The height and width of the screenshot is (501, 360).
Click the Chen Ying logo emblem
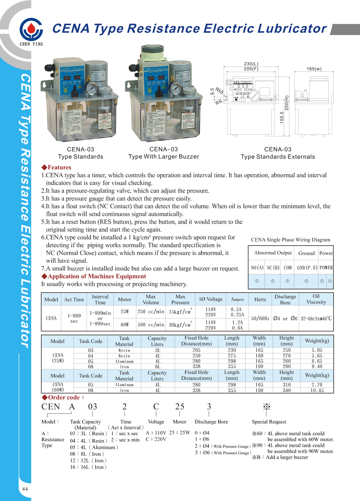(x=31, y=29)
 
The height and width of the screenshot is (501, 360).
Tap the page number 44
(x=25, y=489)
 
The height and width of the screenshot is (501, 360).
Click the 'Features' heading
(x=56, y=167)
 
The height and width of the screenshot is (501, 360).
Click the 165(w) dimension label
(x=314, y=69)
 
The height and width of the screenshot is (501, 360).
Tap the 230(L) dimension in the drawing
(x=251, y=64)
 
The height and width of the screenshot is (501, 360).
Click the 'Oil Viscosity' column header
(x=316, y=299)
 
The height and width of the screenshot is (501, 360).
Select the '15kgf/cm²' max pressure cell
(x=181, y=311)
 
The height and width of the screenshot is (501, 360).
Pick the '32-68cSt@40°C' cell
(x=316, y=319)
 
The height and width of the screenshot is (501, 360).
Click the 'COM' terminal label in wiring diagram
(x=288, y=268)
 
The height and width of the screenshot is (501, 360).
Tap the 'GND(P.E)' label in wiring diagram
(x=307, y=268)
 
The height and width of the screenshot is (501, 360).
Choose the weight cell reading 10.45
(x=317, y=390)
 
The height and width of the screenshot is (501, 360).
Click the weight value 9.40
(x=317, y=366)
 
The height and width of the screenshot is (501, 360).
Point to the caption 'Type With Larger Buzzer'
(x=163, y=156)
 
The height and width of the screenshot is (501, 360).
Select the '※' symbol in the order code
(x=266, y=407)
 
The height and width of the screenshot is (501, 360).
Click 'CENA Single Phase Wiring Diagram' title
(x=291, y=240)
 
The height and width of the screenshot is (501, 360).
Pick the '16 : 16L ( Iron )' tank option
(x=88, y=467)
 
